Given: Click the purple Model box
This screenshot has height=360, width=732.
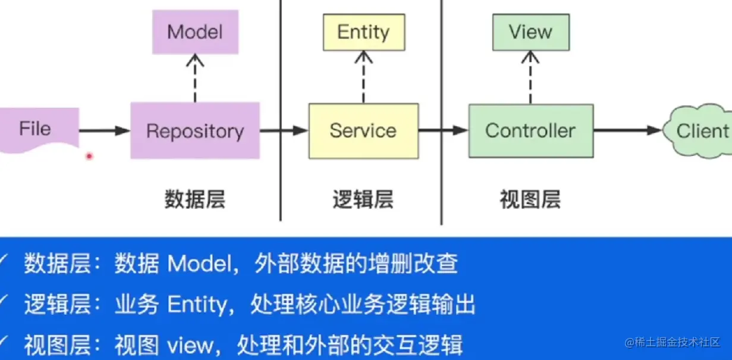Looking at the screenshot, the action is [196, 32].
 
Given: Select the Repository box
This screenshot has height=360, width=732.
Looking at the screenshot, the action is [195, 130].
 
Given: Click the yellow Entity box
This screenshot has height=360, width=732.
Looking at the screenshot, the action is [364, 32].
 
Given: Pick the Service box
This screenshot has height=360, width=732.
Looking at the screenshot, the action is [364, 131].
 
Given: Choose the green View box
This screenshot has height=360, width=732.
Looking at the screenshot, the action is [531, 32].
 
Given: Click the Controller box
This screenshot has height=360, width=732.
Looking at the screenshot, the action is [531, 131].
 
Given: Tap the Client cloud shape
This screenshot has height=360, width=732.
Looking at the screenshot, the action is [698, 131].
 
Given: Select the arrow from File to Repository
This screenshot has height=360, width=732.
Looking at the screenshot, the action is [105, 131].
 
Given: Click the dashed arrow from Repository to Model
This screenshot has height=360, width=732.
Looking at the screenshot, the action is [195, 78].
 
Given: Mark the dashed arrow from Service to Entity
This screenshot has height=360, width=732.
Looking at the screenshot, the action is [364, 77].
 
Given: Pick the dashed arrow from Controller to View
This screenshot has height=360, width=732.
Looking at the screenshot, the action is [530, 77].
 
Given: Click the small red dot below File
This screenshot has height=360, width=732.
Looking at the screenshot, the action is [89, 156].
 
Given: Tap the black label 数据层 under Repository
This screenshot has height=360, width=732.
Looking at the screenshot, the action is [195, 199].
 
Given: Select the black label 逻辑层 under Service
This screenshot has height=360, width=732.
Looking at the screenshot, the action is [363, 199].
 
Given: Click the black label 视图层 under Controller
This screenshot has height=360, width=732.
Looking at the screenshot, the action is [530, 199].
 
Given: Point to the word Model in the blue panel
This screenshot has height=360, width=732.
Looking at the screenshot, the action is [200, 263].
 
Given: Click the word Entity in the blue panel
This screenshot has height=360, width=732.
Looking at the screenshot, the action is [197, 305].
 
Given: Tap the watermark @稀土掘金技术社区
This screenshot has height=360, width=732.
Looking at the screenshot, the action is [672, 342].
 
